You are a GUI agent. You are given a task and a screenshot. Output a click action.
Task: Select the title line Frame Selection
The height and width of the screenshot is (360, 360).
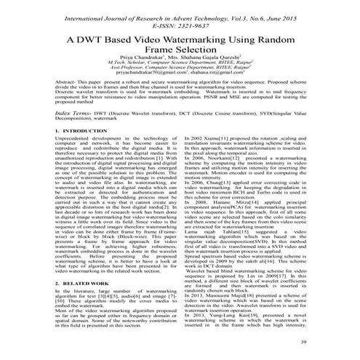coord(181,54)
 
